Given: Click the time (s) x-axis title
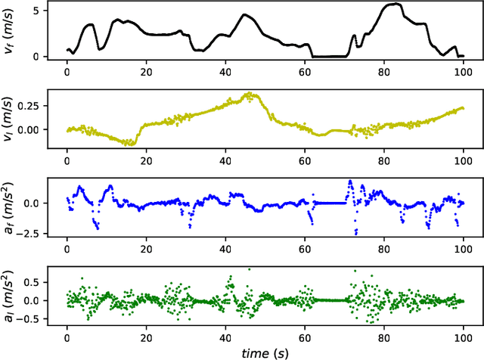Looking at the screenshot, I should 262,352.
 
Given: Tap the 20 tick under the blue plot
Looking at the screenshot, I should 146,248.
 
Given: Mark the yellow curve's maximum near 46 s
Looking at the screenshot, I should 250,94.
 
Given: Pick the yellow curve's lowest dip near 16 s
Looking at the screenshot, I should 130,143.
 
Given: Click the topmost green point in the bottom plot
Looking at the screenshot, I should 249,268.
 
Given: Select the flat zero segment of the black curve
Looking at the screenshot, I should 329,56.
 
